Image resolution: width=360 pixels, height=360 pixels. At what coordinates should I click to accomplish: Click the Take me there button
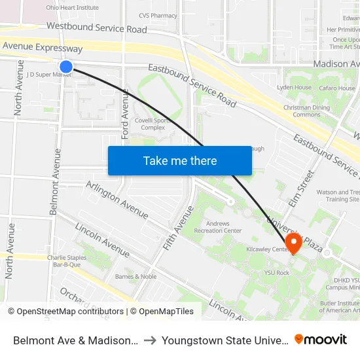pyautogui.click(x=180, y=161)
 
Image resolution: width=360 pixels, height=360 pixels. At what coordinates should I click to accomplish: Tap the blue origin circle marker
pyautogui.click(x=66, y=66)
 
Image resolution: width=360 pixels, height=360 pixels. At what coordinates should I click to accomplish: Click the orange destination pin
pyautogui.click(x=294, y=243)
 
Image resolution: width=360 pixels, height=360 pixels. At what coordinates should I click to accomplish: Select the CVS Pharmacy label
pyautogui.click(x=158, y=16)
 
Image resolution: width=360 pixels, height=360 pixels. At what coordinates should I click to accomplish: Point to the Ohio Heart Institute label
pyautogui.click(x=72, y=8)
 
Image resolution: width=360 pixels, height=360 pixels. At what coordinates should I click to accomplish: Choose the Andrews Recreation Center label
pyautogui.click(x=219, y=227)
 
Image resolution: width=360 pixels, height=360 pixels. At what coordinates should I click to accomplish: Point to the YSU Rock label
pyautogui.click(x=276, y=272)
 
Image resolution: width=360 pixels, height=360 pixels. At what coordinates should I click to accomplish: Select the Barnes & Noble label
pyautogui.click(x=135, y=276)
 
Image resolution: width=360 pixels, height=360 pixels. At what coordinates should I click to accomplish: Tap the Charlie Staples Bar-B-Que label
pyautogui.click(x=67, y=261)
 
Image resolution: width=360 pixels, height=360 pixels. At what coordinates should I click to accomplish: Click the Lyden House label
pyautogui.click(x=294, y=87)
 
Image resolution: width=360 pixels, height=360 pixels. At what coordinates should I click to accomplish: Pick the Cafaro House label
pyautogui.click(x=337, y=87)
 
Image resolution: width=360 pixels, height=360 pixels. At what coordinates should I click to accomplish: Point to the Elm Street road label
pyautogui.click(x=307, y=187)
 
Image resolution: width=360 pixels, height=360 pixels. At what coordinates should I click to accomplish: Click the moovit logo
pyautogui.click(x=321, y=340)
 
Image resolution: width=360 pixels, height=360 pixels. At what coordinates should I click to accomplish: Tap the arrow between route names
pyautogui.click(x=150, y=340)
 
